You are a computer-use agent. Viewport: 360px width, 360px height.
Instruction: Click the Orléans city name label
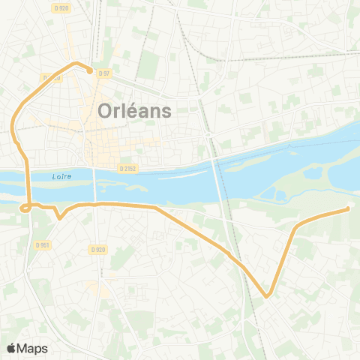pos(135,111)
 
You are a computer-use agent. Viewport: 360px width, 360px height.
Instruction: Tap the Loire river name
pos(62,177)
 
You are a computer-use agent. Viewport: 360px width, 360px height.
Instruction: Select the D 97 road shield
pos(104,73)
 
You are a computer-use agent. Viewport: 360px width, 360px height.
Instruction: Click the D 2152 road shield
pos(128,169)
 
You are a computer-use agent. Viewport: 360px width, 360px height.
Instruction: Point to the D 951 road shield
pos(42,244)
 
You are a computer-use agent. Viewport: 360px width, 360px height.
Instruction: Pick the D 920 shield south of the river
pos(97,250)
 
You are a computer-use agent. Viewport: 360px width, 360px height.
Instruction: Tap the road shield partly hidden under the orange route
pos(51,77)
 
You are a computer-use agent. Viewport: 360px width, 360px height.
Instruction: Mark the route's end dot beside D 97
pos(90,71)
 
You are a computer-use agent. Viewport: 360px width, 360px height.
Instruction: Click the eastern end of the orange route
pos(349,209)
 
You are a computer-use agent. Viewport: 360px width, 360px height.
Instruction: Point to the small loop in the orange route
pos(25,208)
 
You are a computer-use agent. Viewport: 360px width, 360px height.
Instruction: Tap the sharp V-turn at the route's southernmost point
pos(266,295)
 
